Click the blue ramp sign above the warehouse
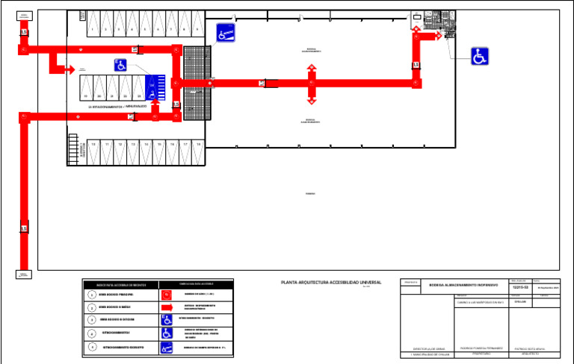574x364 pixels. click(x=226, y=32)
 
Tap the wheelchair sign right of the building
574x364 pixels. click(x=480, y=56)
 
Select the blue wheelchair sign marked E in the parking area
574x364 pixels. click(x=120, y=65)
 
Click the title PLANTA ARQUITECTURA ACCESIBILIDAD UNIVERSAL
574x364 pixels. click(x=330, y=283)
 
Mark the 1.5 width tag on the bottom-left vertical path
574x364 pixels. click(x=24, y=228)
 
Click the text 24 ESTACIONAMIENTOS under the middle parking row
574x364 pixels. click(x=112, y=107)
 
